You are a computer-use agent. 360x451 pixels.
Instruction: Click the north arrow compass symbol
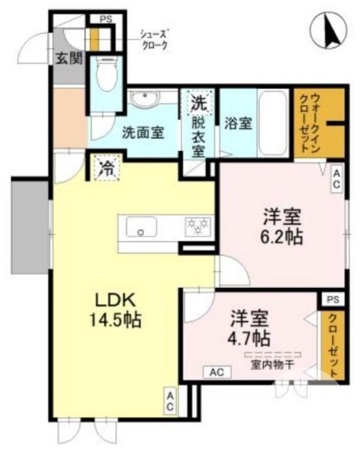point(331,31)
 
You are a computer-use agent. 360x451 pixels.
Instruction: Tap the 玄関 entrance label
point(69,58)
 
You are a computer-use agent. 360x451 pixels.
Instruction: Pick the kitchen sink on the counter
point(141,228)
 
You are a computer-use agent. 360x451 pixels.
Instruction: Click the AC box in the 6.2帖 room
point(336,179)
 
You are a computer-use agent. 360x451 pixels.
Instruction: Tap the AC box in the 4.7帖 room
point(217,372)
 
